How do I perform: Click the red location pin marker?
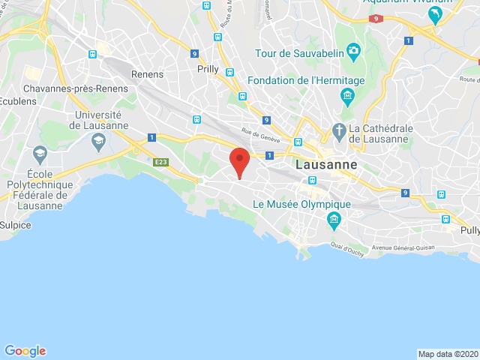(x=239, y=161)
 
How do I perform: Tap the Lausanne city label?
(x=327, y=165)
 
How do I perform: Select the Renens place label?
(x=147, y=74)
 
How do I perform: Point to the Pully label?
(x=469, y=230)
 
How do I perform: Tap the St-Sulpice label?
(x=15, y=224)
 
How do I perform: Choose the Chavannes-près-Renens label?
(x=73, y=88)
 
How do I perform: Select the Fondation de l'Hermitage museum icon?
(x=346, y=94)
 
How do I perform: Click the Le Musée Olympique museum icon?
(x=334, y=219)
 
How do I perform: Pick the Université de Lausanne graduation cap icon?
(x=98, y=140)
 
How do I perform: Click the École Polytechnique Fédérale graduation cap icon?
(x=40, y=154)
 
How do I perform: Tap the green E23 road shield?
(x=160, y=162)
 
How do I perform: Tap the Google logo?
(x=25, y=350)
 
